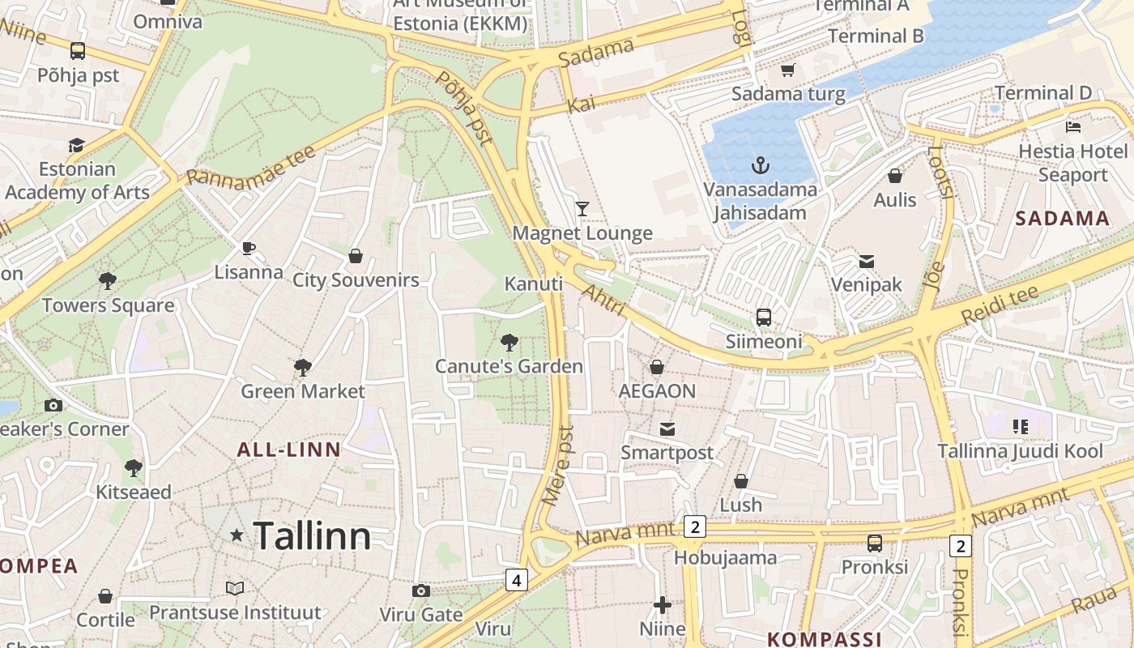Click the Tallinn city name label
312,536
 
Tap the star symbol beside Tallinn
237,535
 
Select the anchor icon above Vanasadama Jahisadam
760,166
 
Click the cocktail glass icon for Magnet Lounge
582,209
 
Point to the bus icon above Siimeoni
763,317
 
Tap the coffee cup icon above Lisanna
249,248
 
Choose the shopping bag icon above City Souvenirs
355,257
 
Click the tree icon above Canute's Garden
509,342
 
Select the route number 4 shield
516,579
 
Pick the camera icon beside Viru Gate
420,590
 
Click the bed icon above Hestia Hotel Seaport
1073,127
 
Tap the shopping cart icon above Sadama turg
787,70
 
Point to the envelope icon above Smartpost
667,428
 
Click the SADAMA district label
1062,218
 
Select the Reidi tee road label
1000,305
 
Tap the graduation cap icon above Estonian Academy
76,145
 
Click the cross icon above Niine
663,604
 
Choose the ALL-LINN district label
288,450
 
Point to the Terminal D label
1042,93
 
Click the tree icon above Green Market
303,368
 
